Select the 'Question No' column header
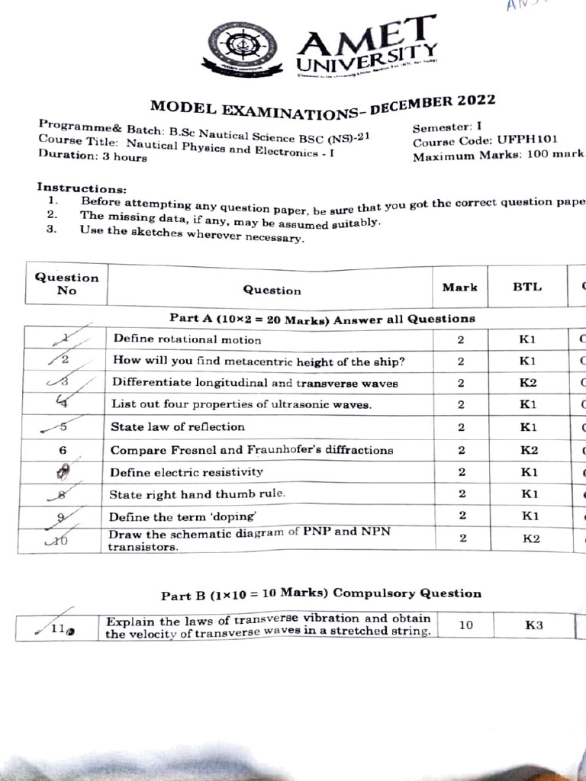[x=66, y=283]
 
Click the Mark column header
[x=460, y=288]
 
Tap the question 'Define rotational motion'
[x=187, y=339]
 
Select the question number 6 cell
[x=63, y=450]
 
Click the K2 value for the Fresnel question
[x=529, y=450]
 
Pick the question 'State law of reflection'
[x=178, y=426]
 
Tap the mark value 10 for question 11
[x=465, y=625]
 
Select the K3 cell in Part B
[x=534, y=625]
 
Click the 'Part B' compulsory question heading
[x=321, y=593]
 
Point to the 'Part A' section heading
[x=321, y=319]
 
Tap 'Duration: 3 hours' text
[x=92, y=156]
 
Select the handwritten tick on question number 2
[x=61, y=358]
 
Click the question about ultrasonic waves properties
[x=242, y=404]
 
